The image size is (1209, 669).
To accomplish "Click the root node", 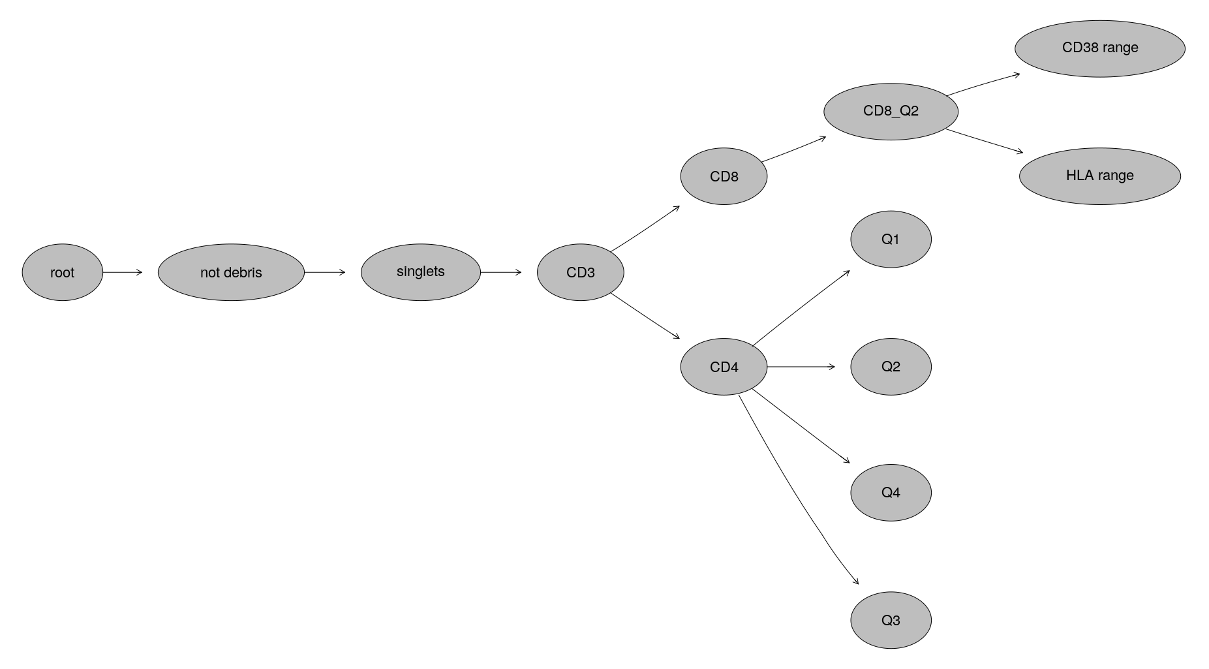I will [x=63, y=272].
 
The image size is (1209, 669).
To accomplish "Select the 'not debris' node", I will [x=231, y=272].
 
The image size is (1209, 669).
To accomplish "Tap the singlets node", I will [x=420, y=272].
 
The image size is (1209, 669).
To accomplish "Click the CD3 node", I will [x=580, y=272].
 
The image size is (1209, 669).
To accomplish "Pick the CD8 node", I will [x=724, y=176].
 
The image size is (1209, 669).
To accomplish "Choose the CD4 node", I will [x=724, y=367].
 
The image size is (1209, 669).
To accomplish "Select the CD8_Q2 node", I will [x=891, y=111].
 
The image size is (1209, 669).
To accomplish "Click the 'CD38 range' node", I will [x=1100, y=48].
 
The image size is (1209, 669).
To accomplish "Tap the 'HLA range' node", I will [x=1100, y=176].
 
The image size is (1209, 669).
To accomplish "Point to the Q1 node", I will [x=891, y=239].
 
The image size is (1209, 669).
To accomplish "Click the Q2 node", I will [x=891, y=367].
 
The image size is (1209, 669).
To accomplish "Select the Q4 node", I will [x=891, y=493].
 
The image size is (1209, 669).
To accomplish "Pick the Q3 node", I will [x=891, y=620].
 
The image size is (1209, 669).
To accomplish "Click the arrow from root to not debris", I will [x=123, y=272].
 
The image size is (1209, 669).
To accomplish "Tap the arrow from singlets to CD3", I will [x=501, y=272].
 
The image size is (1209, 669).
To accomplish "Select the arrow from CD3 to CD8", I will [x=645, y=228].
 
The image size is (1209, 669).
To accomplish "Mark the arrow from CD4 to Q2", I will [x=801, y=367].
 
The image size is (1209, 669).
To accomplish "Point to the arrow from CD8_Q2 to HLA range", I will [x=985, y=141].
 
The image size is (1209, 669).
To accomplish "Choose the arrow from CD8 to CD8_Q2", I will [x=793, y=149].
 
